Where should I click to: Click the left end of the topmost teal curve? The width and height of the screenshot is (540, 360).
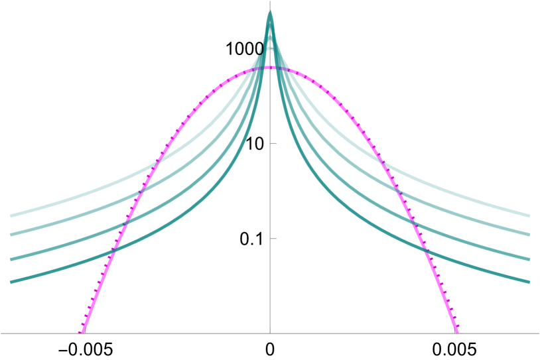[11, 215]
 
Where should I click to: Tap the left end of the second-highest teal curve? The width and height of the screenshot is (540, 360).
[11, 234]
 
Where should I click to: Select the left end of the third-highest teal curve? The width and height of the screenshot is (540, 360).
[11, 259]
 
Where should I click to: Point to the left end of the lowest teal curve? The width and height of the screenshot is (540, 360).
[11, 282]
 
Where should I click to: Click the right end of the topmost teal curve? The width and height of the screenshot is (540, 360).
[529, 215]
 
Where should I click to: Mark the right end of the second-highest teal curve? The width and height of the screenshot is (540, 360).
[529, 234]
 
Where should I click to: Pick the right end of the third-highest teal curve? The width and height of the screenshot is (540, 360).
[529, 259]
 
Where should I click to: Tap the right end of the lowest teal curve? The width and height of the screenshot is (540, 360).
[529, 282]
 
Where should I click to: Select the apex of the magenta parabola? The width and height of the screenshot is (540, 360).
[270, 67]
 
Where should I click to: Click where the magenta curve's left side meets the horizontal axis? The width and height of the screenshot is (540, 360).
[83, 333]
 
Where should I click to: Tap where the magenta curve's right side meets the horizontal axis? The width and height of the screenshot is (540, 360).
[457, 333]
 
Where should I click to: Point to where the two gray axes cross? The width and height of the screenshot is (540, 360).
[270, 333]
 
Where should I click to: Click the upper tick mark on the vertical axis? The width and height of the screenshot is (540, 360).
[273, 143]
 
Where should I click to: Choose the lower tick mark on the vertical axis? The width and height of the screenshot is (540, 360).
[273, 238]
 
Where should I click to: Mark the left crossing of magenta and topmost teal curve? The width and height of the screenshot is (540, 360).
[161, 157]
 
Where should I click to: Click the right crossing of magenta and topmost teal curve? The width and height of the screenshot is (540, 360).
[379, 157]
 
